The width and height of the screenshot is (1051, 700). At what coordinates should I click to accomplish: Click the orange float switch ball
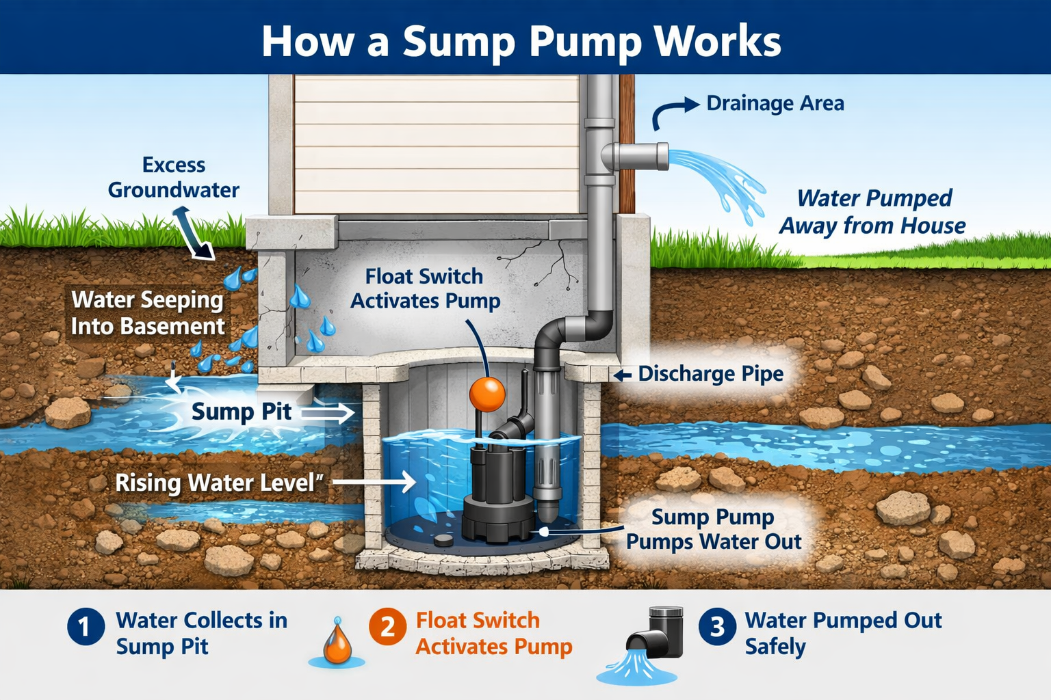click(486, 394)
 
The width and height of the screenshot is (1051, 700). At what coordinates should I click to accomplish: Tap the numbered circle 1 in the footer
click(86, 627)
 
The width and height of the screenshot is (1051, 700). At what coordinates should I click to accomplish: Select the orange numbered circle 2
click(387, 627)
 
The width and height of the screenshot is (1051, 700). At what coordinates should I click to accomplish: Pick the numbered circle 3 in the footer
click(717, 627)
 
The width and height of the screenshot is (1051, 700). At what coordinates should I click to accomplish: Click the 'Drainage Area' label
click(775, 103)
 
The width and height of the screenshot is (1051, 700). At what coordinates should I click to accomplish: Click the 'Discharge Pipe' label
click(710, 374)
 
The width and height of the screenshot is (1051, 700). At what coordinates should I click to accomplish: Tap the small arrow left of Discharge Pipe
click(622, 375)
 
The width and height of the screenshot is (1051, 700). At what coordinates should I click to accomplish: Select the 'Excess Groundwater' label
click(174, 177)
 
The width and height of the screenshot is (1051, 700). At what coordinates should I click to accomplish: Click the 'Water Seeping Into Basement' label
click(148, 312)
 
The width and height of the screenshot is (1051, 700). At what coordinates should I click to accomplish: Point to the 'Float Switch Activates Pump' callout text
click(425, 288)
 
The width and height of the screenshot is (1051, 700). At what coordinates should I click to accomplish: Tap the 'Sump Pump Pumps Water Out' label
click(713, 529)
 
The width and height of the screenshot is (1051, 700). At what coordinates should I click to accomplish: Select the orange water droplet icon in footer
click(337, 643)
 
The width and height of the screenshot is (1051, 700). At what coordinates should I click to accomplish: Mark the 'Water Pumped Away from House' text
click(873, 211)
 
